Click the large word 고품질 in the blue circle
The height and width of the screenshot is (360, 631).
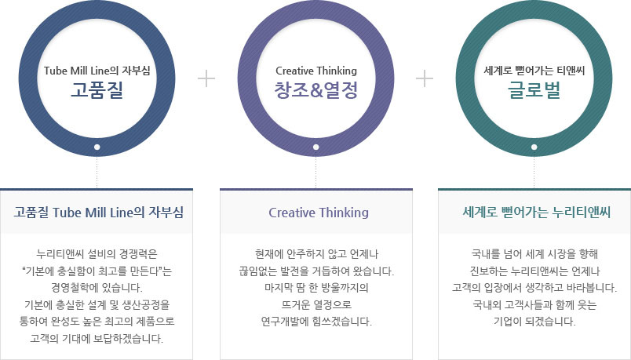click(97, 89)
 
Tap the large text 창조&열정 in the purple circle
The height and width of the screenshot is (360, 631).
click(316, 89)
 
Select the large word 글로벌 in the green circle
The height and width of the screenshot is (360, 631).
click(534, 89)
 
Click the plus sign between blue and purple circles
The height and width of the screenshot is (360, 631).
click(206, 78)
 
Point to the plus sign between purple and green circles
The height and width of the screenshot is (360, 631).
click(425, 78)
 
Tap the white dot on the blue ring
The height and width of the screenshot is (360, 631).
click(97, 147)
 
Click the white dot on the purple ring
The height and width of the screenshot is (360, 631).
click(316, 147)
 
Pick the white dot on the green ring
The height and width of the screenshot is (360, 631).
click(534, 147)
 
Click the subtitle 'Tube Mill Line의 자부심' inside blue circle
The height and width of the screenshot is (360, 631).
click(97, 71)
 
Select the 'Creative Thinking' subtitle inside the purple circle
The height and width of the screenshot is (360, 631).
click(316, 71)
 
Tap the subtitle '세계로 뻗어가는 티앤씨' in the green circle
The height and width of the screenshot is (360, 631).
click(534, 71)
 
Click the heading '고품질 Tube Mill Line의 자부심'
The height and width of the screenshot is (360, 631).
click(98, 212)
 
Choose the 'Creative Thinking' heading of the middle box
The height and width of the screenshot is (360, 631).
click(319, 213)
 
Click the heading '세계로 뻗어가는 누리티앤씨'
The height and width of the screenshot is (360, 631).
click(537, 212)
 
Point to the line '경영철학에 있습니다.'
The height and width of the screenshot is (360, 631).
click(97, 288)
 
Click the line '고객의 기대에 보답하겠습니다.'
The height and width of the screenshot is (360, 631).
click(97, 338)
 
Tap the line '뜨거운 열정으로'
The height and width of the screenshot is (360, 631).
click(316, 305)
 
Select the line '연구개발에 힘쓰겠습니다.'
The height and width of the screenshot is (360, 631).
click(316, 322)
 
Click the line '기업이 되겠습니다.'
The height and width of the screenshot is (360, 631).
click(534, 322)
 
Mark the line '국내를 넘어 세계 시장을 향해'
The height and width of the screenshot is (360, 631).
click(534, 254)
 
